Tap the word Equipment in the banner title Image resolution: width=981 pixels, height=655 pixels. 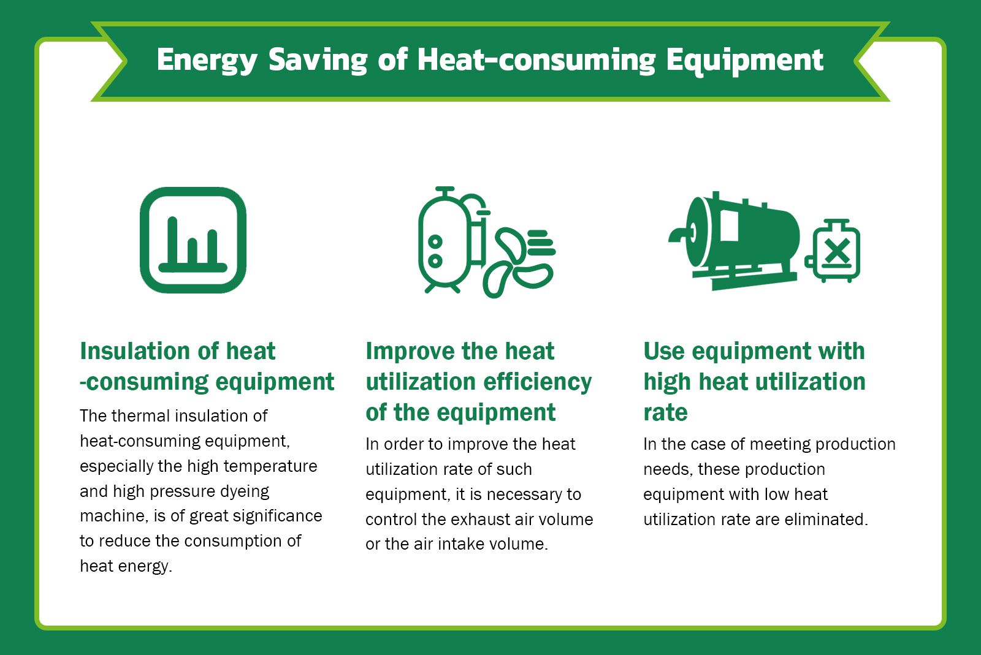click(744, 61)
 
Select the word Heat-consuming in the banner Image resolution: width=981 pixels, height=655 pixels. click(536, 61)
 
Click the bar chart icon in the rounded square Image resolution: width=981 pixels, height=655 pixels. click(193, 240)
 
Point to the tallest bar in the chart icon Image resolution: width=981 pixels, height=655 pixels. click(172, 242)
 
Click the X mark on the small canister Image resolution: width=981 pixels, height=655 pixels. click(836, 251)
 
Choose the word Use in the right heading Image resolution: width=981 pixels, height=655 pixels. click(664, 352)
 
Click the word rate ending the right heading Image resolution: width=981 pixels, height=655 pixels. click(665, 413)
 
